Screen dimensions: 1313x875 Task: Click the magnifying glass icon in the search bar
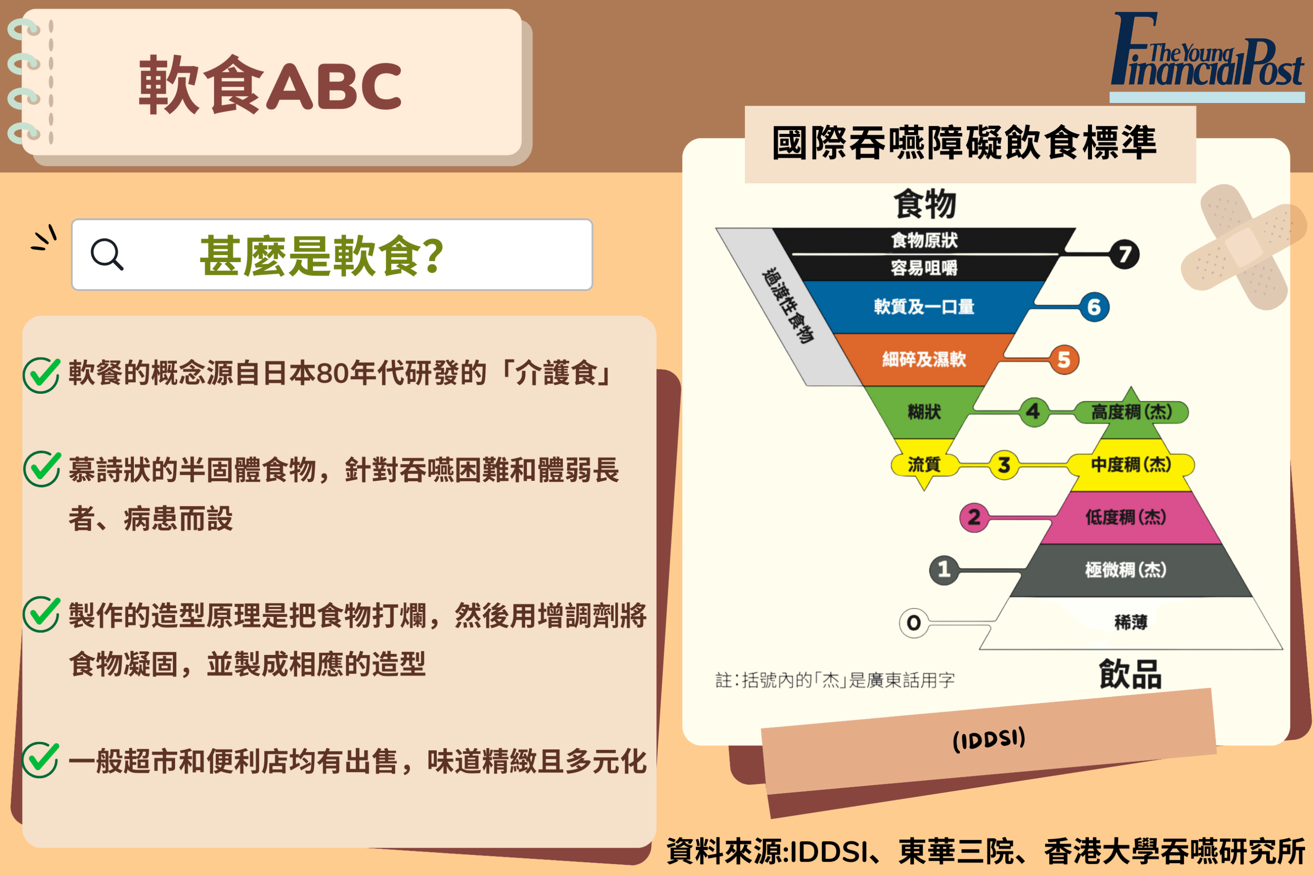tap(107, 255)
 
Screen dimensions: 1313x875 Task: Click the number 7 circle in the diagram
tap(1124, 255)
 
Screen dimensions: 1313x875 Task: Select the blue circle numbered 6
tap(1094, 307)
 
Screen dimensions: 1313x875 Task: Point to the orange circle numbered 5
tap(1064, 360)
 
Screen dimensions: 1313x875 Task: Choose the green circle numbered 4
tap(1033, 412)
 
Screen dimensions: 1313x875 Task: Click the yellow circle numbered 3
tap(1004, 464)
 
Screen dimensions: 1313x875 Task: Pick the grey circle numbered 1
tap(944, 570)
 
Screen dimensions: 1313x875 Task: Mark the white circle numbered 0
tap(914, 623)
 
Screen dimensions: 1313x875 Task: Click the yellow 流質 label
tap(924, 464)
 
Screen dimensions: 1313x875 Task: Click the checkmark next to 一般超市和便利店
tap(40, 760)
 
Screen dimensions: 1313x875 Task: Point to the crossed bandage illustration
tap(1244, 247)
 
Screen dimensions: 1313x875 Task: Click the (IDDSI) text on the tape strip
tap(989, 740)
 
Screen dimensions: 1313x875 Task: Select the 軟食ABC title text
tap(270, 85)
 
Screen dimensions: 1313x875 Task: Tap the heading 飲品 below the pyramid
tap(1130, 674)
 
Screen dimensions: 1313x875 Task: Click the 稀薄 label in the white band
tap(1131, 622)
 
